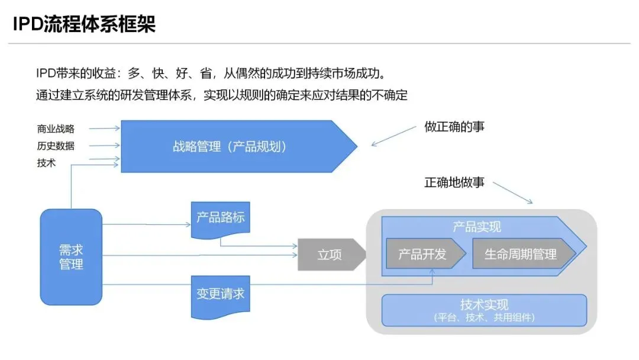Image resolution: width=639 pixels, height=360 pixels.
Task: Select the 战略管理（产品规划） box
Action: point(231,146)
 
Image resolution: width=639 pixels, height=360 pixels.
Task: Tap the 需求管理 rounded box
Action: point(71,257)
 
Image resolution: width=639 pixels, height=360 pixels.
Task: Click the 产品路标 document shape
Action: point(220,218)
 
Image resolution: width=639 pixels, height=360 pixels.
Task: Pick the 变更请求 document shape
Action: point(220,294)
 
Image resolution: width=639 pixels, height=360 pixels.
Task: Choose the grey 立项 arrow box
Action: point(330,255)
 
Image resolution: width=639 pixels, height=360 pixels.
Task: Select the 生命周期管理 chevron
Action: point(521,254)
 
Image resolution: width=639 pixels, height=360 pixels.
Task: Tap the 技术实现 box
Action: point(484,310)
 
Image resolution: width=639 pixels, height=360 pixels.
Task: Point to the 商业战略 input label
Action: point(56,128)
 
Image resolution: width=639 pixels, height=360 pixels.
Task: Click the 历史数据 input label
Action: point(56,146)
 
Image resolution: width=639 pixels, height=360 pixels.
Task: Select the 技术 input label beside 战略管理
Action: point(46,163)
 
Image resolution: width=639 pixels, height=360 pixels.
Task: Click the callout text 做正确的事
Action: point(454,127)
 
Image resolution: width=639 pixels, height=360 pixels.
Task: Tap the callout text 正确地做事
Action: point(454,182)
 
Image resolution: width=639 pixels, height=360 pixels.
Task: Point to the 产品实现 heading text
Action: point(477,226)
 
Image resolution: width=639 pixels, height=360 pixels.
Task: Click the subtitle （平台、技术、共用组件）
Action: point(484,318)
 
